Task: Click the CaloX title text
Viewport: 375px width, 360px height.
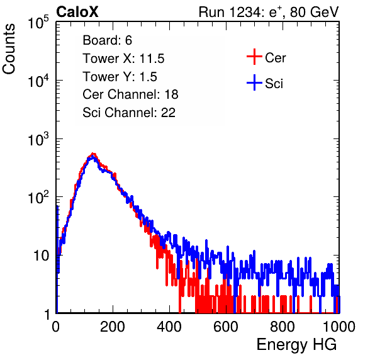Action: [x=77, y=12]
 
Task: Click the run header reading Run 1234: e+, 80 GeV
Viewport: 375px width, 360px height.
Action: [x=269, y=12]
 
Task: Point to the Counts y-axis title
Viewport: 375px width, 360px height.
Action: [x=9, y=49]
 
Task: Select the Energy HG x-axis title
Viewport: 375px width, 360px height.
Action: [x=296, y=345]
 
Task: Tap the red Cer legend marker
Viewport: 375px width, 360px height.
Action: [x=254, y=57]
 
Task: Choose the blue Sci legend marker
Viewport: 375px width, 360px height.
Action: [x=254, y=82]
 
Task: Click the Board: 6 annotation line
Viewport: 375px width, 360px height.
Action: [x=107, y=40]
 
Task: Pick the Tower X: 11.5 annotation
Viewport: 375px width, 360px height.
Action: [x=123, y=59]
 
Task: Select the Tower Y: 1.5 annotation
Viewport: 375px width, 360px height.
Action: [x=120, y=77]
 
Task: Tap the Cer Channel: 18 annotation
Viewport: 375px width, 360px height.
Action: [x=130, y=94]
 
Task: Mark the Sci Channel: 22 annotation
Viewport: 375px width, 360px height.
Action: [x=129, y=113]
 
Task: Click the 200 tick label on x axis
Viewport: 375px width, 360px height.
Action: [x=113, y=327]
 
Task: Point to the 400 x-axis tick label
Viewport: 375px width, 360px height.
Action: [x=169, y=327]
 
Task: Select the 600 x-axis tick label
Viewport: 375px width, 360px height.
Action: [x=226, y=327]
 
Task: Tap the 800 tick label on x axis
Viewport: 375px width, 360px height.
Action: [x=283, y=327]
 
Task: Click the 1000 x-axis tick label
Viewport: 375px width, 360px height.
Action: [x=339, y=327]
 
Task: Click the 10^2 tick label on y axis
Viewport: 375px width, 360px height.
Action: [x=38, y=197]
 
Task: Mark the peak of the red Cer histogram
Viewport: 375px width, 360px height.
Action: [x=93, y=154]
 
